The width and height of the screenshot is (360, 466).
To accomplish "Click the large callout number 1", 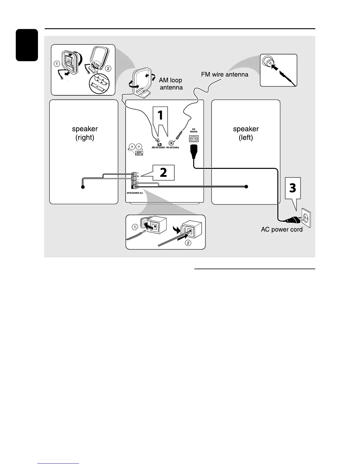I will pyautogui.click(x=160, y=115).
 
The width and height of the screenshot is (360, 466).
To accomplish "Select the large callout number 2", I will pyautogui.click(x=163, y=172).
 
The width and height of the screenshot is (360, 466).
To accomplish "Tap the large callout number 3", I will pyautogui.click(x=292, y=188).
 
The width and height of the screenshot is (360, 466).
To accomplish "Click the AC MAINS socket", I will pyautogui.click(x=194, y=138).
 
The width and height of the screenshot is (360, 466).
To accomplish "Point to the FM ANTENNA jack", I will pyautogui.click(x=171, y=142).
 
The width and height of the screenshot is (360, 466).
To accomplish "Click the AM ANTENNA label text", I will pyautogui.click(x=158, y=147).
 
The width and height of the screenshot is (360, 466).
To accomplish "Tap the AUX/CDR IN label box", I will pyautogui.click(x=139, y=153).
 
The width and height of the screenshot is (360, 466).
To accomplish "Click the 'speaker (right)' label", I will pyautogui.click(x=85, y=133).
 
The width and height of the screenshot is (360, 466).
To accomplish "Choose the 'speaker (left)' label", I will pyautogui.click(x=246, y=133).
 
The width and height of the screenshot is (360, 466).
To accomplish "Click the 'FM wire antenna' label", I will pyautogui.click(x=225, y=74).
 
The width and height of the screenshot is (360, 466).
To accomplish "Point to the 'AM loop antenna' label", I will pyautogui.click(x=171, y=84).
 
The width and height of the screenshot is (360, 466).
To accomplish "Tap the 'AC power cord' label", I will pyautogui.click(x=282, y=229).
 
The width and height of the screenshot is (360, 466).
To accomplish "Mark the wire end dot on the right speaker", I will pyautogui.click(x=83, y=187).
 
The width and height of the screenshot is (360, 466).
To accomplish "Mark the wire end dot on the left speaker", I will pyautogui.click(x=246, y=187).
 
